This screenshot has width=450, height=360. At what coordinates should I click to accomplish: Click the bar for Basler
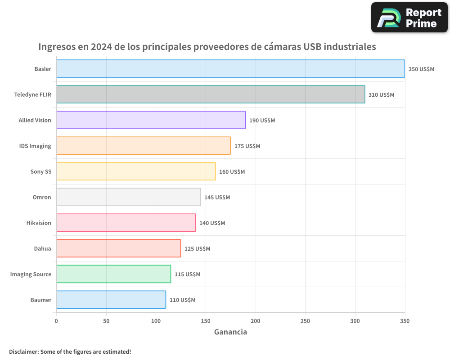pos(230,69)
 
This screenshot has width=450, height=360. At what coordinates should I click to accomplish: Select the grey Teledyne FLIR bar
pos(211,94)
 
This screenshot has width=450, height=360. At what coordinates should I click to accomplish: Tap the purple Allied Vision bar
pos(151,120)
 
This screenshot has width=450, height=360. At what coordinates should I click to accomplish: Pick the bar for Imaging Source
pos(113,274)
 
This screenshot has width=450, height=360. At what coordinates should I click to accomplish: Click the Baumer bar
pos(111,300)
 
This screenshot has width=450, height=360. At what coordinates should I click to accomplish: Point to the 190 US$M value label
pos(262,121)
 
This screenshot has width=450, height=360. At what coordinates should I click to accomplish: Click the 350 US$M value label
pos(421,69)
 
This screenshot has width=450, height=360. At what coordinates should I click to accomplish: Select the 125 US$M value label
pos(197,249)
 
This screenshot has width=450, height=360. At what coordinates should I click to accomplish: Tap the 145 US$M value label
pos(217,198)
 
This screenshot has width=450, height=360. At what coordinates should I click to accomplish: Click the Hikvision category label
pos(39,223)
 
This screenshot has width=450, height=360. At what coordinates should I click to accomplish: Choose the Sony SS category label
pos(41,172)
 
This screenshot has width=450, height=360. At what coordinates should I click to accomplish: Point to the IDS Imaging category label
pos(35,146)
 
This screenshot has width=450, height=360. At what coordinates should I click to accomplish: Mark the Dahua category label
pos(43,249)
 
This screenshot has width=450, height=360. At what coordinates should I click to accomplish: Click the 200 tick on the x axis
pos(256,321)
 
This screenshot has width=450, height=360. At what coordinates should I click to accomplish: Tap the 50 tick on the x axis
pos(106,321)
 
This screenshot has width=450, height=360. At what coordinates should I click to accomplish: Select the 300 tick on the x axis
pos(355,321)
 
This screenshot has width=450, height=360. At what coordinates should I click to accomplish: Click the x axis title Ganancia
pos(230,332)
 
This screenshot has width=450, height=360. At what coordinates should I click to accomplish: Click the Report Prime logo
pos(409,18)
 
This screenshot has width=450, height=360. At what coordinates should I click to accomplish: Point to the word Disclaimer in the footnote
pos(23,351)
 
